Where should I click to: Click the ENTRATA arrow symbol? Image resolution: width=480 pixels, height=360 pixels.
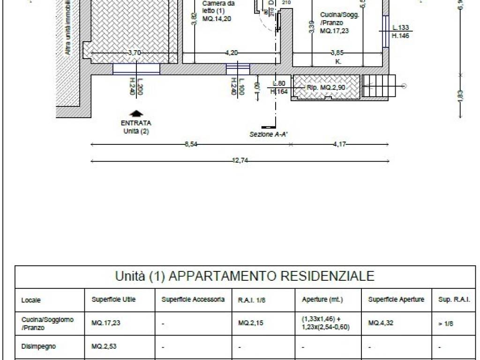[x=136, y=113]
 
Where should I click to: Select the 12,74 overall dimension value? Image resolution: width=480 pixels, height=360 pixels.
[x=240, y=161]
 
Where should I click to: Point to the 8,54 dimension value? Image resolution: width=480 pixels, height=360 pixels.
[x=191, y=144]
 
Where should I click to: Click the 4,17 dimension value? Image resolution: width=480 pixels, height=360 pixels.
[x=339, y=144]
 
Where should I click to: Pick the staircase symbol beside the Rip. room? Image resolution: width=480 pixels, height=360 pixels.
[x=379, y=86]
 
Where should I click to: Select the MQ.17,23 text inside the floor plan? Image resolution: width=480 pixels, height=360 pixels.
[x=334, y=31]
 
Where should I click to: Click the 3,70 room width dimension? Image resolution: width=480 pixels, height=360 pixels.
[x=134, y=53]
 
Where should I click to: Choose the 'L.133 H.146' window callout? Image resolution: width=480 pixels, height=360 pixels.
[x=401, y=32]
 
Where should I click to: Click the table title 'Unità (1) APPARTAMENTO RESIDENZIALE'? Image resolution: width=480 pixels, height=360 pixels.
[x=245, y=276]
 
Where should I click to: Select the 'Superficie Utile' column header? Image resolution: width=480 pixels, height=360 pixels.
[x=113, y=300]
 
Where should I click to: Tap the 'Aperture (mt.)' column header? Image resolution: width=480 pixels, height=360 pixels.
[x=322, y=300]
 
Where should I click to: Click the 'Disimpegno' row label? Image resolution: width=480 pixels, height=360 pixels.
[x=38, y=347]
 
